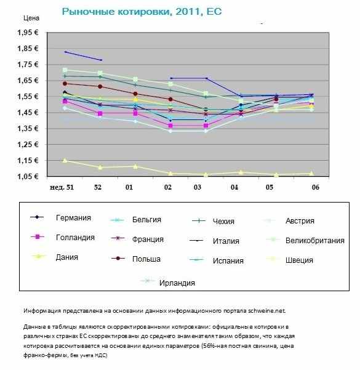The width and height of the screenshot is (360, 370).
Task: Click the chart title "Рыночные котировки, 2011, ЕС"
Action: point(142,12)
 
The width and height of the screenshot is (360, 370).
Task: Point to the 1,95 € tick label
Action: point(28,33)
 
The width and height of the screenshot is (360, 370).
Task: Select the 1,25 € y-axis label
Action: point(28,144)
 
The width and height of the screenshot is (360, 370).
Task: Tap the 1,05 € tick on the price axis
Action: point(28,176)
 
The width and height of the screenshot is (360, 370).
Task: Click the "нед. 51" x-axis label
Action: point(62,187)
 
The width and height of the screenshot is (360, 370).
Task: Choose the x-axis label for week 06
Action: point(316,187)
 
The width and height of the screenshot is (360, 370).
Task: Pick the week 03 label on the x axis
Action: point(198,187)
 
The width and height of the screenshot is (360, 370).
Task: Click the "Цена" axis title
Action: point(31,18)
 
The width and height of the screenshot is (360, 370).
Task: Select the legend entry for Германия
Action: point(73,217)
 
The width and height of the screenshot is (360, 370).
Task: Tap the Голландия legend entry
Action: point(75,237)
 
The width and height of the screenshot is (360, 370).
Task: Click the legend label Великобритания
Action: point(315,241)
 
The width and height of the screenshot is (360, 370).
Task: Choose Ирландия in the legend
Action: point(177,283)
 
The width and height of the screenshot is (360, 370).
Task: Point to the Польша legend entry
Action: point(146,259)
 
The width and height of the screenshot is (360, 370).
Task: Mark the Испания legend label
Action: point(228,260)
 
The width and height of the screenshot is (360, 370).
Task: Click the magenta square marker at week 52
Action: point(100,113)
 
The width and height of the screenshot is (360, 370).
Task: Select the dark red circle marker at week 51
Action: point(65,84)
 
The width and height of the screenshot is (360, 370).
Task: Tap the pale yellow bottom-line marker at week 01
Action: point(135,167)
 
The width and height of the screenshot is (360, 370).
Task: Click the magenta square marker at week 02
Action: point(170,126)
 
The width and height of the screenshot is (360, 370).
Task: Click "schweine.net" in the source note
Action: point(267,311)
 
